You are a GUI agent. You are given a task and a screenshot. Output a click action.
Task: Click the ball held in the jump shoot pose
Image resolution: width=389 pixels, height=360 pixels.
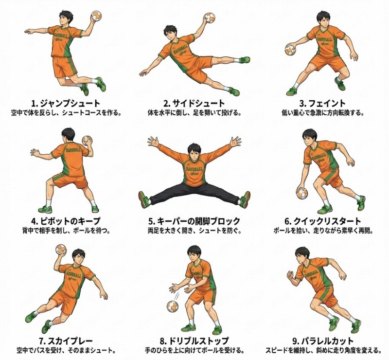(x=96, y=16)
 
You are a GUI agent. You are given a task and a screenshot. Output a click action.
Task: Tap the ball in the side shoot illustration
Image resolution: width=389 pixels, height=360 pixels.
(x=209, y=18)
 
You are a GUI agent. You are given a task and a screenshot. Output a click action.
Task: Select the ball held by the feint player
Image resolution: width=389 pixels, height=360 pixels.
(x=290, y=50)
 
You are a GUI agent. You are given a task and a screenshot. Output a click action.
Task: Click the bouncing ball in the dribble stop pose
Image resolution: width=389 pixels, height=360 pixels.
(x=173, y=306)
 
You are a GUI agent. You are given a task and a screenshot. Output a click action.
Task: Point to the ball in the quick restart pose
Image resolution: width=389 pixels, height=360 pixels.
(x=302, y=194)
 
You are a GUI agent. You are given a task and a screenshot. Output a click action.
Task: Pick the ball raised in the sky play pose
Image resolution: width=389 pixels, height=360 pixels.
(x=61, y=250)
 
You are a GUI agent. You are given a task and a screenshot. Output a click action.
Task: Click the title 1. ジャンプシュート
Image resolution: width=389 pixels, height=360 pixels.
(x=66, y=103)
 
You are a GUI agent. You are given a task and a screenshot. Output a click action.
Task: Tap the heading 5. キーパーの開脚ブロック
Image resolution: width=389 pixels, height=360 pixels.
(x=194, y=221)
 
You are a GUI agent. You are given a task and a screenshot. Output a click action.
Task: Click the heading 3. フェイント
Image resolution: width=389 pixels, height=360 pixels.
(x=322, y=103)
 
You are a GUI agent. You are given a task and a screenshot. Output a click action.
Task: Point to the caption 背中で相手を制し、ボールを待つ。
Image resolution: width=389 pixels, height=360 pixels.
(x=66, y=231)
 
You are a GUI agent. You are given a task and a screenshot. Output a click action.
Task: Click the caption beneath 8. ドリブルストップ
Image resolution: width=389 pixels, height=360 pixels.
(x=194, y=350)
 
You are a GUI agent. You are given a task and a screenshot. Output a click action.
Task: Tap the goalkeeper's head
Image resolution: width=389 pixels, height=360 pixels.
(x=194, y=151)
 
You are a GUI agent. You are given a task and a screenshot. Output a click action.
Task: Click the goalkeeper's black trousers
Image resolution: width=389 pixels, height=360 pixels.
(x=194, y=193)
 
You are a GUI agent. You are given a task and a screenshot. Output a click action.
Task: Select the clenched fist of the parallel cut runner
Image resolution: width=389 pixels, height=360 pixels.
(x=290, y=275)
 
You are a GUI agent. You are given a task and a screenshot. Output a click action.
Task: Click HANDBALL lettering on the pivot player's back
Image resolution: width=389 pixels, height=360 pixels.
(x=73, y=149)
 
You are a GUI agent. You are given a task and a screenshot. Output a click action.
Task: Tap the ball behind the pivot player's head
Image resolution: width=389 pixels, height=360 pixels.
(x=87, y=141)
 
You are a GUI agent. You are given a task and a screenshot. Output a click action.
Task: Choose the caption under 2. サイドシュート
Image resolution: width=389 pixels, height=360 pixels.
(x=194, y=113)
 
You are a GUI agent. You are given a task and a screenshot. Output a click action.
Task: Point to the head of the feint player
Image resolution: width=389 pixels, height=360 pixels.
(x=323, y=18)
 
